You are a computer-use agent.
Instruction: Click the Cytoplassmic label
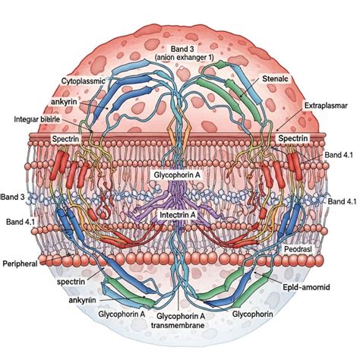pos(84,81)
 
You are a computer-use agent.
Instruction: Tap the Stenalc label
pos(275,79)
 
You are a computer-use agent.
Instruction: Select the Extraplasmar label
pos(326,106)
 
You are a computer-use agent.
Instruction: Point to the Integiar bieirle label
pos(37,119)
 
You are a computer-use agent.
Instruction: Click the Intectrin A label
pos(178,215)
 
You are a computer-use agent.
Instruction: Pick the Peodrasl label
pos(298,249)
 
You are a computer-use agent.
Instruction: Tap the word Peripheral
pos(20,264)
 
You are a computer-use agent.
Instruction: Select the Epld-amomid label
pos(306,287)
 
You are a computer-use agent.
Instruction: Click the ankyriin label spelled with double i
pos(82,300)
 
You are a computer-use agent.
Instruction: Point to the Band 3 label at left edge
pos(13,197)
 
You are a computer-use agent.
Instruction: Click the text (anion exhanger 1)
pos(184,58)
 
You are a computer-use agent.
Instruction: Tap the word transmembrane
pos(178,325)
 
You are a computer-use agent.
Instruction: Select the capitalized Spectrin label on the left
pos(65,139)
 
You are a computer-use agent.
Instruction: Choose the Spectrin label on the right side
pos(293,138)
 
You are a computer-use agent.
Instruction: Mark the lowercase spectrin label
pos(71,282)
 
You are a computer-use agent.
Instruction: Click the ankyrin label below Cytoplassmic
pos(64,102)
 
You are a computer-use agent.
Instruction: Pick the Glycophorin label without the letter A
pos(253,314)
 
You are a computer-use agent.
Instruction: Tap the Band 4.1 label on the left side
pos(21,222)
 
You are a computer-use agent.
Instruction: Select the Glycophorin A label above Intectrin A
pos(177,175)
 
